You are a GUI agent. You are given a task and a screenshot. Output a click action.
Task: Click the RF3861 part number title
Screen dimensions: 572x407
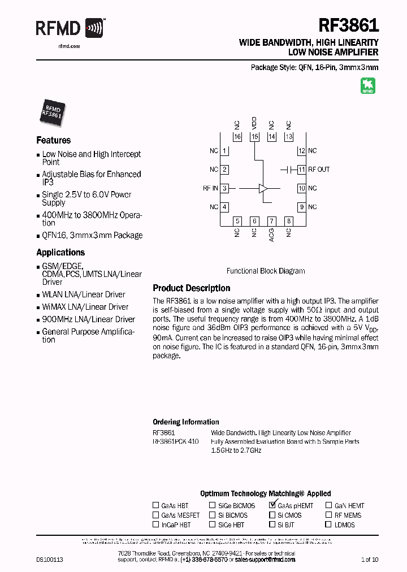point(349,26)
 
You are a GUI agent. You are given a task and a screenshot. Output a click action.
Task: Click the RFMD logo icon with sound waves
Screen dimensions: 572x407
point(94,28)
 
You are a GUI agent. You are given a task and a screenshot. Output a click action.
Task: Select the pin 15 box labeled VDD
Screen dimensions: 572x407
point(254,137)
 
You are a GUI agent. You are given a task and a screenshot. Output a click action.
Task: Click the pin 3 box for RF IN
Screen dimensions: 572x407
point(224,188)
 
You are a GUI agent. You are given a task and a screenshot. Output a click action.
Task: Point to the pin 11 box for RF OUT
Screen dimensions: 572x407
point(302,170)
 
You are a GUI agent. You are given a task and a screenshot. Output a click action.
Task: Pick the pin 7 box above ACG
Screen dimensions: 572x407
point(271,221)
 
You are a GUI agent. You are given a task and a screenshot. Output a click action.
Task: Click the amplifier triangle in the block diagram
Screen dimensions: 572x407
point(263,188)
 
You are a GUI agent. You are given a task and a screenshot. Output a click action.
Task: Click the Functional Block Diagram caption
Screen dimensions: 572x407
point(266,271)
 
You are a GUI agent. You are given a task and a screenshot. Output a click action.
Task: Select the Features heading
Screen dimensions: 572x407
point(54,140)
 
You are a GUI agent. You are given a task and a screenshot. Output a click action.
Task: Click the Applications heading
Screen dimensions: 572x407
point(60,253)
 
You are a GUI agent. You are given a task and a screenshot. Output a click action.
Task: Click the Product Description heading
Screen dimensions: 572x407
point(192,288)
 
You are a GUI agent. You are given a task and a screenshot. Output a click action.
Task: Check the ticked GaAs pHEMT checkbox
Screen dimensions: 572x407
point(273,505)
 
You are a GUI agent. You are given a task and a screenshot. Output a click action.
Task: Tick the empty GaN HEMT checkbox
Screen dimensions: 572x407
point(328,506)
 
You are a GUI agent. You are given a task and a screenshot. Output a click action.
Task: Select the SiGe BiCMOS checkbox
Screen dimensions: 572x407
point(212,506)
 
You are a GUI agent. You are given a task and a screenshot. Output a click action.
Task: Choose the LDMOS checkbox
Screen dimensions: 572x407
point(328,525)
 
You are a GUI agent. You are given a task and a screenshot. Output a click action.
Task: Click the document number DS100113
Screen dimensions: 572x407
point(50,560)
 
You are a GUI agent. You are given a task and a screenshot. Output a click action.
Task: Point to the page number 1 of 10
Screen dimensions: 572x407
point(370,560)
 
